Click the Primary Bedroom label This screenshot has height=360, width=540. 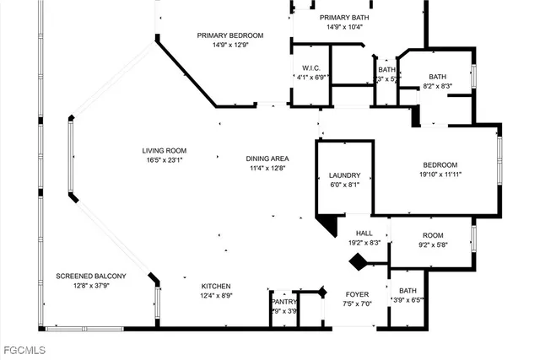(x=230, y=35)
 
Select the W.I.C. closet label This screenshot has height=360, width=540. (x=309, y=67)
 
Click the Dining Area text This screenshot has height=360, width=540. (x=267, y=158)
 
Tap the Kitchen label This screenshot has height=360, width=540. (x=216, y=286)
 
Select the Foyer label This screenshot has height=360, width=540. (x=357, y=293)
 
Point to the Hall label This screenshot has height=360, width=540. (x=364, y=233)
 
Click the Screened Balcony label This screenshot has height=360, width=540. (x=91, y=276)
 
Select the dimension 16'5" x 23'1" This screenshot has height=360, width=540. (x=164, y=159)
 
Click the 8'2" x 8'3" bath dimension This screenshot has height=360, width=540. (x=436, y=86)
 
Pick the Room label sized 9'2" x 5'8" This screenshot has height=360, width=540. (x=433, y=235)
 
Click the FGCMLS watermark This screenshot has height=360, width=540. (x=25, y=348)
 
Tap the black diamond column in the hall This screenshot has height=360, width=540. (x=359, y=261)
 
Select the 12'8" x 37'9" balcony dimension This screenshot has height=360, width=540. (x=91, y=285)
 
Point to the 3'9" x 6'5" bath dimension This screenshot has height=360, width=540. (x=408, y=299)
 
